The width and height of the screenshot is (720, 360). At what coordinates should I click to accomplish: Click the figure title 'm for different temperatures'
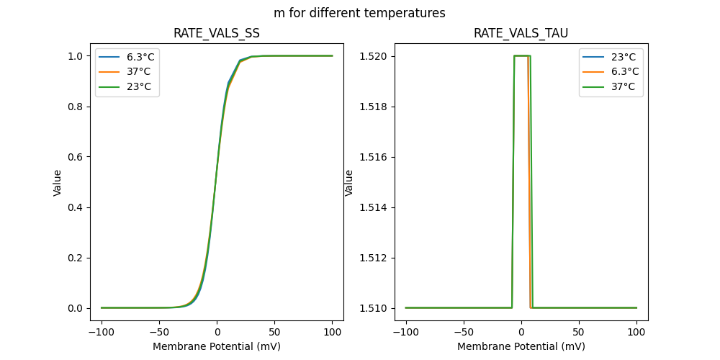pyautogui.click(x=359, y=13)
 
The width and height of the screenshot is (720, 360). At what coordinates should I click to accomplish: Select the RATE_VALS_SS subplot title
pyautogui.click(x=217, y=34)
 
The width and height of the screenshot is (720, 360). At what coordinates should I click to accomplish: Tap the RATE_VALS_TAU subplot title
pyautogui.click(x=521, y=34)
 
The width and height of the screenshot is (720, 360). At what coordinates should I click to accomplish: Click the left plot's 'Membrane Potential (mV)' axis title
pyautogui.click(x=217, y=346)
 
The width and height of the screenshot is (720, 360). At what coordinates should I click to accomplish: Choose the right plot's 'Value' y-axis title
pyautogui.click(x=349, y=183)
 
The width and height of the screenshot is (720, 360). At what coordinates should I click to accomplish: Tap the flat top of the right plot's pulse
pyautogui.click(x=521, y=56)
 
